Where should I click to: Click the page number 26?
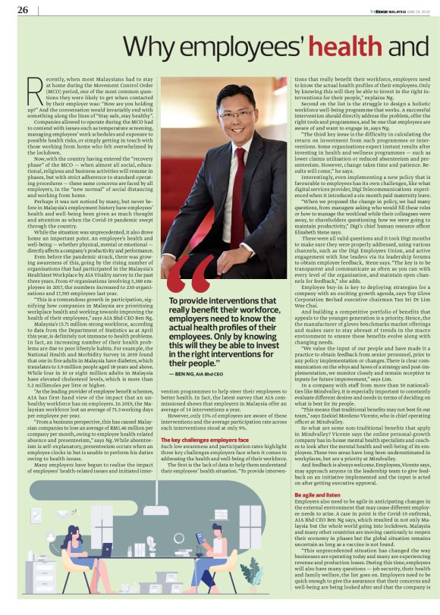pos(23,10)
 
